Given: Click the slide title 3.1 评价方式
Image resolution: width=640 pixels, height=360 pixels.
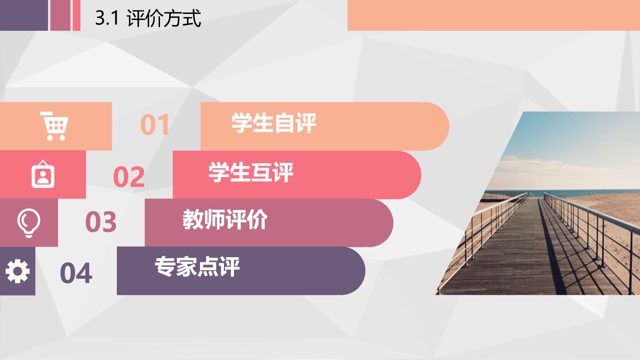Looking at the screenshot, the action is [x=148, y=18].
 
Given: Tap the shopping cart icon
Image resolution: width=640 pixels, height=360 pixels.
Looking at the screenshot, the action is [x=54, y=126].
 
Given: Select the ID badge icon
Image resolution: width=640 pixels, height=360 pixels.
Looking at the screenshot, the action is [x=43, y=174].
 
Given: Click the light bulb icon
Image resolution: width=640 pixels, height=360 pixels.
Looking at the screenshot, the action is [x=29, y=223].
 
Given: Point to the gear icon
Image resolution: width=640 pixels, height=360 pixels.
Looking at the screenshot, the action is [x=18, y=271].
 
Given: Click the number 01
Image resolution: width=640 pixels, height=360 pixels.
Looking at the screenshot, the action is [x=155, y=124].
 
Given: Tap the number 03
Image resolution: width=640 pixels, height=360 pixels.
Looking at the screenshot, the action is [x=101, y=222].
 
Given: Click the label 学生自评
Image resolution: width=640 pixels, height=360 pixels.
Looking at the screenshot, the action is [x=274, y=123].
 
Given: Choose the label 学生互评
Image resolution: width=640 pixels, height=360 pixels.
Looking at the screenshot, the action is [x=251, y=172].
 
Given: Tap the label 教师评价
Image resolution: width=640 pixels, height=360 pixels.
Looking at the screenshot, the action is [x=225, y=220].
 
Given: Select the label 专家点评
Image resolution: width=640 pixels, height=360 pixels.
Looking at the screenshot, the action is [x=197, y=266].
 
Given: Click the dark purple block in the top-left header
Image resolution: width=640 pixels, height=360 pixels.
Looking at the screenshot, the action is [x=24, y=15].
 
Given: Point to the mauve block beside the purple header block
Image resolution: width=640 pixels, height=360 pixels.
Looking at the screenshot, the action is [x=60, y=15].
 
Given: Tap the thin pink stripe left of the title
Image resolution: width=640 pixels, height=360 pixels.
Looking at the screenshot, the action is [x=76, y=15].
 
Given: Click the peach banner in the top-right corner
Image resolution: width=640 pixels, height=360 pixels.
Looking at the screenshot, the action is [x=494, y=15].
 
